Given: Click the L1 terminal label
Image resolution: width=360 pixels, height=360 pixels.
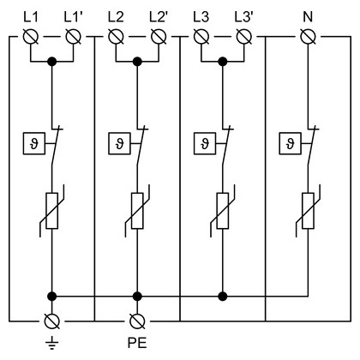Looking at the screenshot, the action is [31, 17].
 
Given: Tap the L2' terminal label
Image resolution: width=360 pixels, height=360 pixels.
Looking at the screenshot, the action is [158, 17].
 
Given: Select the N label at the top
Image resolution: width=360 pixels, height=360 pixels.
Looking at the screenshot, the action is [308, 17].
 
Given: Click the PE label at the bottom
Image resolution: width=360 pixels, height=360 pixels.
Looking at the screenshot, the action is [137, 343].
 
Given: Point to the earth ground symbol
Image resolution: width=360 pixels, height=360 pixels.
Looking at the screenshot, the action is [51, 343].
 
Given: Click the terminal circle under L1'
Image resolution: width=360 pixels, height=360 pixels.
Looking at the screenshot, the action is [74, 37].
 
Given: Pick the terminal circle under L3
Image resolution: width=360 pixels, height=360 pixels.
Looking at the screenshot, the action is [201, 37].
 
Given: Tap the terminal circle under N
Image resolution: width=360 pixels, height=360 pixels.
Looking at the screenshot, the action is [309, 37].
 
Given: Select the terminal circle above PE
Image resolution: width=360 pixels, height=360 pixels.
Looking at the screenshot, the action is [137, 321].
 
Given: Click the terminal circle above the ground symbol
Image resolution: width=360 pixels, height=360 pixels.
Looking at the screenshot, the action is [52, 321].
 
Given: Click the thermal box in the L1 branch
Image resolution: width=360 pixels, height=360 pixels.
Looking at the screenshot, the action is [34, 143].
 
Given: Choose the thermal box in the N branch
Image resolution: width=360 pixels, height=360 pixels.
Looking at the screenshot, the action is [290, 143].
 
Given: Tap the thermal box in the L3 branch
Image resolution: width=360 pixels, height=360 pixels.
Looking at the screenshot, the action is [205, 143].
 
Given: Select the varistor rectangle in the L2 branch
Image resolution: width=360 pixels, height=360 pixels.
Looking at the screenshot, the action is [137, 211].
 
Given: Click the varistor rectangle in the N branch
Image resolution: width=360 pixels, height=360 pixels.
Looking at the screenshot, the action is [308, 211].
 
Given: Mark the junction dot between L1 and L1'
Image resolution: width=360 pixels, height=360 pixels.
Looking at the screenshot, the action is [52, 62].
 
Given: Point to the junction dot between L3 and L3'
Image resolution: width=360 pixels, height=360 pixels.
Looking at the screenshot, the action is [223, 62].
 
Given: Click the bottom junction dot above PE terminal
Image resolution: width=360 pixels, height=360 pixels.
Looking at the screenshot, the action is [137, 297].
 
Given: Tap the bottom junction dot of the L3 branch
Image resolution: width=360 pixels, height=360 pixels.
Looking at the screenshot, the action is [223, 297].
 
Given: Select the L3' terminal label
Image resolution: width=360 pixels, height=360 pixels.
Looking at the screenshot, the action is [243, 17].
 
